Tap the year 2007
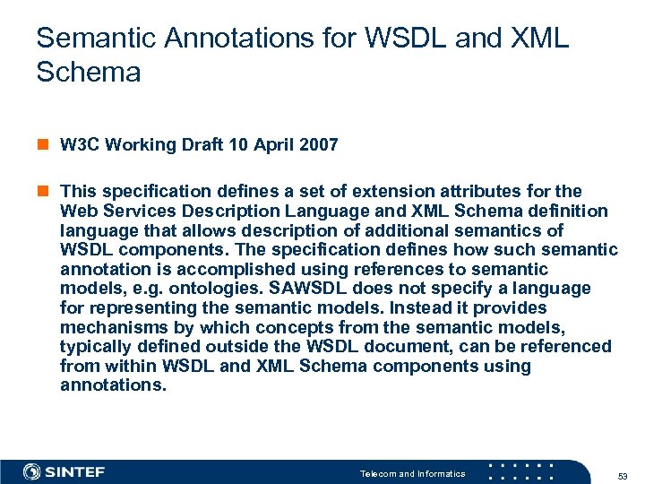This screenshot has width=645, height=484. pyautogui.click(x=319, y=144)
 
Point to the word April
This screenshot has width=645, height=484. pyautogui.click(x=272, y=144)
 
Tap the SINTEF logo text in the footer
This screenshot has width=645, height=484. pyautogui.click(x=76, y=472)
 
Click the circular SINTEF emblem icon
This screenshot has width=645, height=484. pyautogui.click(x=32, y=471)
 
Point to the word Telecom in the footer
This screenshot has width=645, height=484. pyautogui.click(x=378, y=473)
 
